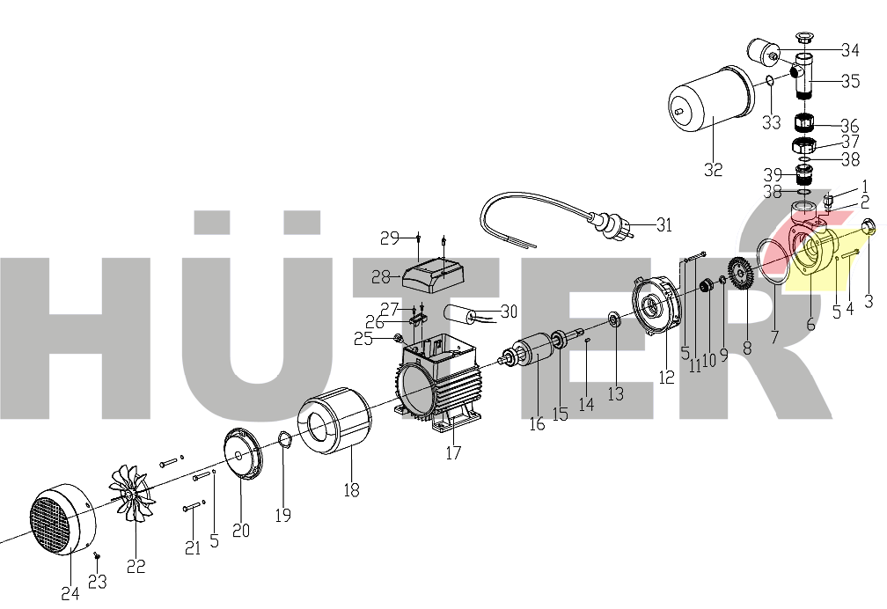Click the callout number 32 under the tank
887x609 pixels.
713,170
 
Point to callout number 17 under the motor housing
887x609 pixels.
454,453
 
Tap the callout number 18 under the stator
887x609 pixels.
351,490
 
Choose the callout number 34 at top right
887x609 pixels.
850,48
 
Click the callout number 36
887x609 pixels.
850,126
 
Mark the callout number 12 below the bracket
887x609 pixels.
666,377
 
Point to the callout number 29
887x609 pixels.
390,238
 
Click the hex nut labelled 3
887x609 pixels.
868,228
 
